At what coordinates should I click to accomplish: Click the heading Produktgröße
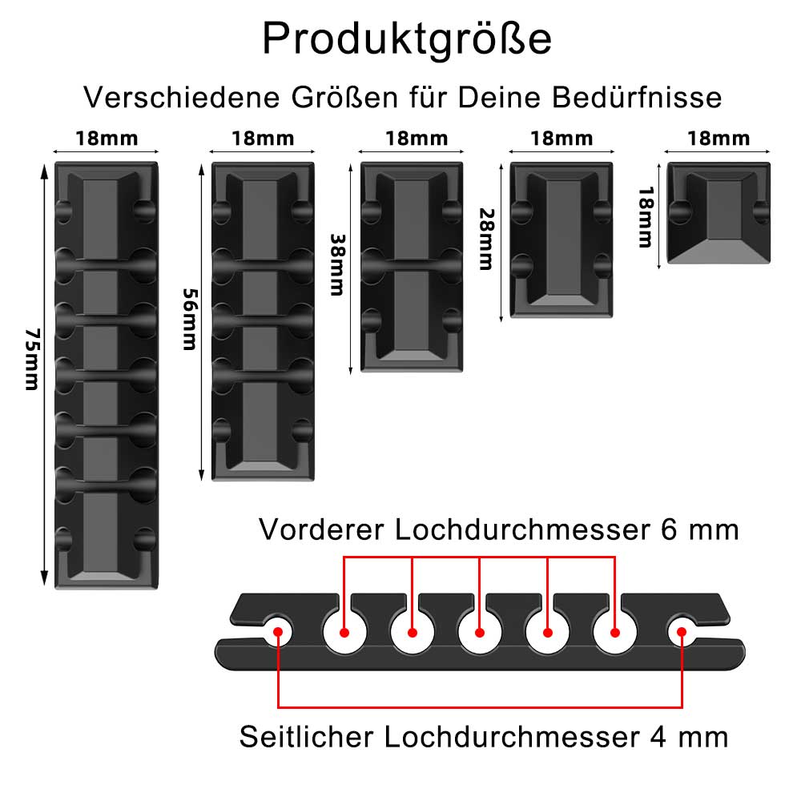click(x=407, y=38)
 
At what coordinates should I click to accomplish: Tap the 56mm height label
click(x=189, y=319)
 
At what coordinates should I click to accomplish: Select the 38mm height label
click(x=336, y=264)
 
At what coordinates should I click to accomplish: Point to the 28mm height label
click(x=485, y=239)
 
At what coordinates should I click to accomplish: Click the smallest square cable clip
click(x=718, y=214)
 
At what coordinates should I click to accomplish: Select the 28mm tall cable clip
click(x=562, y=239)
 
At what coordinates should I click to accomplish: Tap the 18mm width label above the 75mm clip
click(x=107, y=138)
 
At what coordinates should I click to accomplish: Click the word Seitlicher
click(x=304, y=736)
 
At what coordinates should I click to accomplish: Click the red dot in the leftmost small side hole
click(x=277, y=630)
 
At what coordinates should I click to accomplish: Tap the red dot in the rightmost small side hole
click(x=682, y=630)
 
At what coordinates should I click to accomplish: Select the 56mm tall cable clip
click(x=262, y=320)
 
